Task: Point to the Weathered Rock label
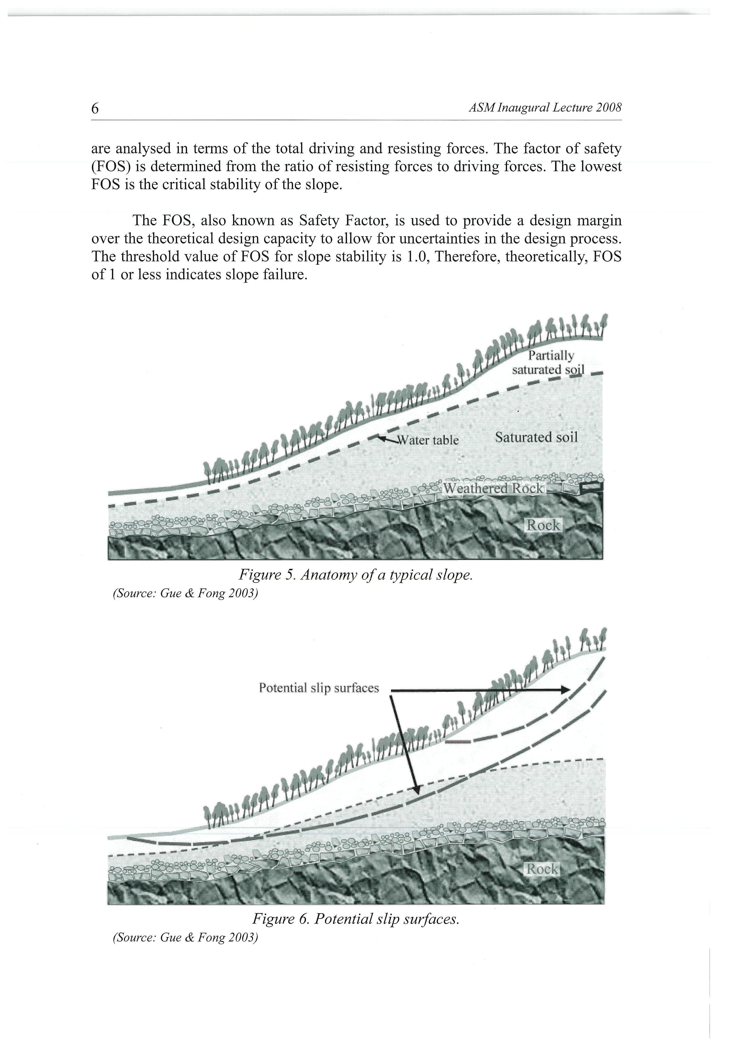click(494, 488)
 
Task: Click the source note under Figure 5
click(185, 594)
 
